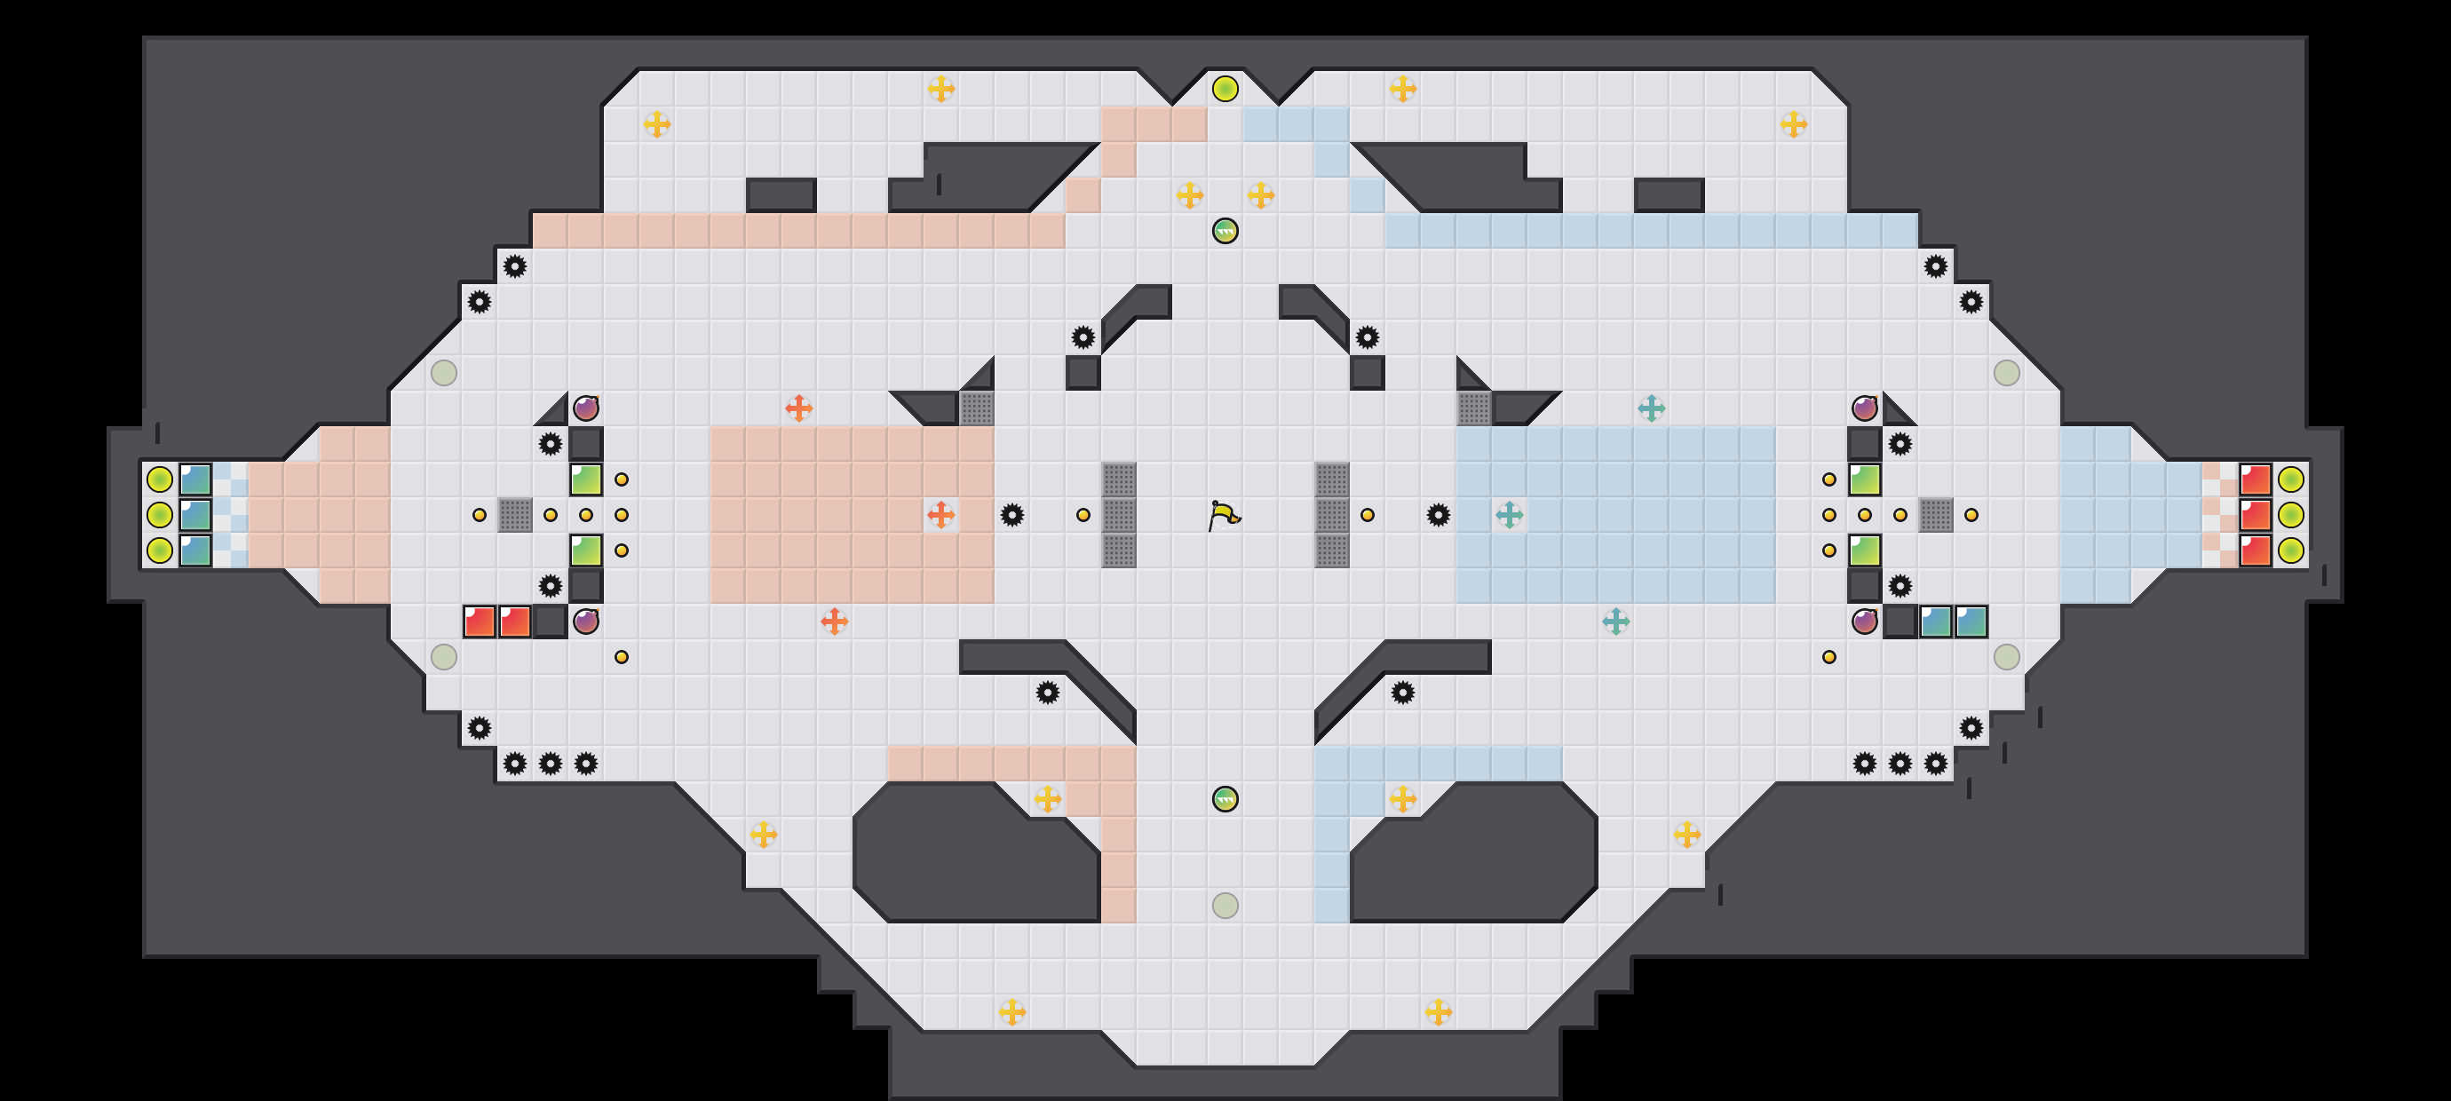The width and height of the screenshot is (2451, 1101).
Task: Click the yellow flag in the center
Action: click(x=1225, y=516)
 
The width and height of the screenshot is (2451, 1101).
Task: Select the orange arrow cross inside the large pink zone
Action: click(x=940, y=515)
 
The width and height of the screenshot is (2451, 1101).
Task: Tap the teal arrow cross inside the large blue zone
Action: click(x=1509, y=515)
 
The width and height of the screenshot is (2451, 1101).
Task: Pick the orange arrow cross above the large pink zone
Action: click(x=798, y=408)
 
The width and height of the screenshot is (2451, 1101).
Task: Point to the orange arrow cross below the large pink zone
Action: click(x=834, y=622)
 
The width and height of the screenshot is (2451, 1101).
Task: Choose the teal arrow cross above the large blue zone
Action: click(x=1651, y=408)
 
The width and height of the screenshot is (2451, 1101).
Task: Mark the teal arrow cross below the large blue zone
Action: click(x=1615, y=622)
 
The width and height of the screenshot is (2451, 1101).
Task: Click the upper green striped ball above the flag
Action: click(x=1225, y=231)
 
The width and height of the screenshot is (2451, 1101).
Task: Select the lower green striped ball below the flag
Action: click(x=1225, y=799)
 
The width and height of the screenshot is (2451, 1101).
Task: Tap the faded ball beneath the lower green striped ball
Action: click(x=1225, y=905)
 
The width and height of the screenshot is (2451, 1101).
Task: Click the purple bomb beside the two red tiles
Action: click(x=586, y=622)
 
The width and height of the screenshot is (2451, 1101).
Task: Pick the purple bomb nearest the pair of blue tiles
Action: click(x=1864, y=622)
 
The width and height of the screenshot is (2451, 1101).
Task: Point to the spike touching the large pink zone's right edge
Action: click(x=1011, y=515)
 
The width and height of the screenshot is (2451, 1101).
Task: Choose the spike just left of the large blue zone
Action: click(x=1438, y=515)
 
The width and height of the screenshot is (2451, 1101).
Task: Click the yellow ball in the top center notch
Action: click(x=1225, y=89)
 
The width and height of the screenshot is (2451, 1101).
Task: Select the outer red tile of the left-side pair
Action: click(x=479, y=622)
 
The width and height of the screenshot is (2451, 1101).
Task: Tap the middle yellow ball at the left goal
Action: click(x=160, y=515)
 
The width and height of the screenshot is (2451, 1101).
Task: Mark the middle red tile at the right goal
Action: click(x=2255, y=515)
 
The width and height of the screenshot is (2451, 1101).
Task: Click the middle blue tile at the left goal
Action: click(x=195, y=515)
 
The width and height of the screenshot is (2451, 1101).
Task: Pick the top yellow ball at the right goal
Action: click(x=2290, y=479)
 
